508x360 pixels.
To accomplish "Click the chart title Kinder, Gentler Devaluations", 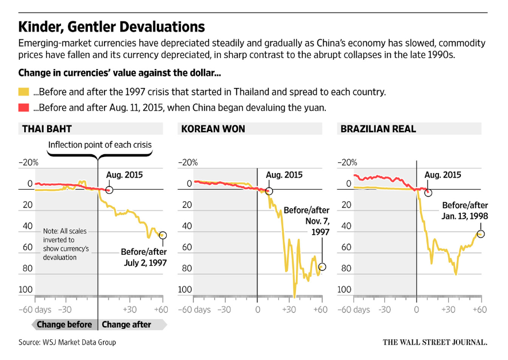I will [111, 27].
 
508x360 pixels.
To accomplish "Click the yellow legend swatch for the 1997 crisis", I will [24, 92].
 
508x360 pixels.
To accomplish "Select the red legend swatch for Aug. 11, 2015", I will [24, 108].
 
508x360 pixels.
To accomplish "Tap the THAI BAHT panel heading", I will [47, 129].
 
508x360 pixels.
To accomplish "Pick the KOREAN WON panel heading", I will [213, 129].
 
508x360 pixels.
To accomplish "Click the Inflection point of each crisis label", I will [100, 145].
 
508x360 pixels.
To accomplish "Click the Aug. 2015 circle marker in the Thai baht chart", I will [109, 190].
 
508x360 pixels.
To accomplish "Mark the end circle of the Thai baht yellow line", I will [163, 235].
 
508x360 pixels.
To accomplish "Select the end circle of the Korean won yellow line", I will [322, 266].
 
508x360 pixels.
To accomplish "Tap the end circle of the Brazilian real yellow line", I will [481, 233].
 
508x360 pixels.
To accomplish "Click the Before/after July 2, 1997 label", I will [144, 256].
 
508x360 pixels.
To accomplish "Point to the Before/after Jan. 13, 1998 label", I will [464, 210].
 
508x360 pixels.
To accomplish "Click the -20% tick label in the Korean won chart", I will [187, 163].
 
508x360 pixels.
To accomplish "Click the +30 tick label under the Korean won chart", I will [288, 310].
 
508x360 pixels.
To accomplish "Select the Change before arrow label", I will [64, 324].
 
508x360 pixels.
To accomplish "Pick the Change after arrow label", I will [126, 324].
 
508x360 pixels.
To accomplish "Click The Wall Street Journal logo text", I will [435, 342].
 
